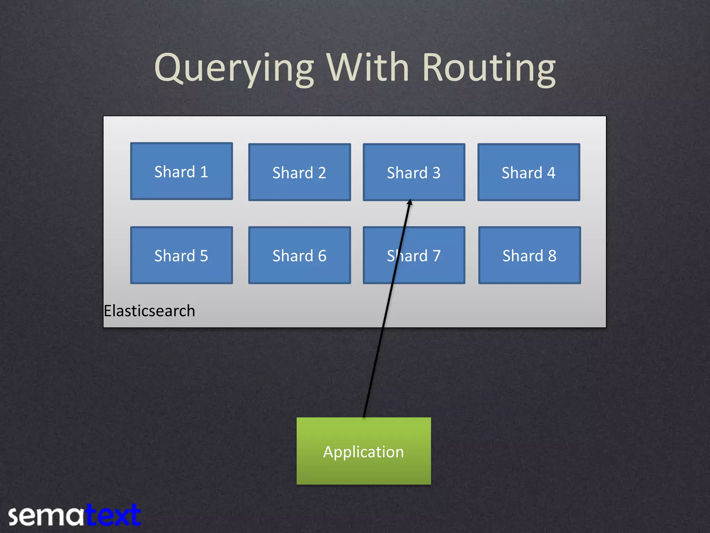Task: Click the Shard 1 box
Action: [x=181, y=171]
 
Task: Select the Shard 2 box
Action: [x=300, y=172]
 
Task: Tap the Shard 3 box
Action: [x=414, y=172]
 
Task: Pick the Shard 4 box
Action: [x=529, y=172]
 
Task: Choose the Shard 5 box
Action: [x=181, y=255]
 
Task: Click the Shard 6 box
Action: [x=300, y=255]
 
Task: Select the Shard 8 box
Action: [x=529, y=255]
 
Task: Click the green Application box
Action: [x=364, y=451]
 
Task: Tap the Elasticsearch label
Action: [x=149, y=311]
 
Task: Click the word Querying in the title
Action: [x=234, y=68]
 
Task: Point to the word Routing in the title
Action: [x=489, y=68]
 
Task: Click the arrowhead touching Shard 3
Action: [x=410, y=202]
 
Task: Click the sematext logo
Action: [x=75, y=516]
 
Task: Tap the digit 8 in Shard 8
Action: [x=552, y=256]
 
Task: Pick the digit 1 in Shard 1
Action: [x=204, y=172]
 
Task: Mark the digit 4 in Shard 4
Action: [x=551, y=173]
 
